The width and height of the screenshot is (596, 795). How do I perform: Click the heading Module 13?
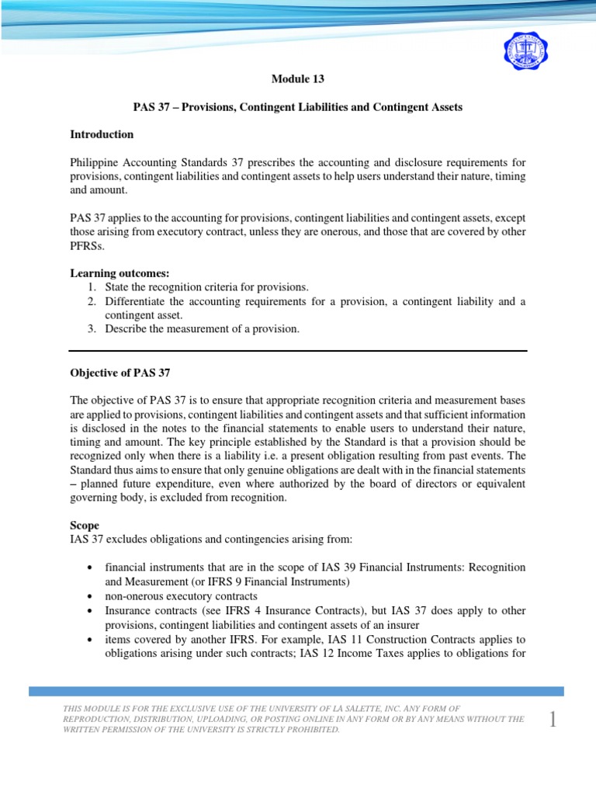pyautogui.click(x=297, y=79)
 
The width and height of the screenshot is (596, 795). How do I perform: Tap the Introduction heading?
pyautogui.click(x=102, y=134)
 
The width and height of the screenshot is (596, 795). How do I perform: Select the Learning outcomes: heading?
pyautogui.click(x=113, y=273)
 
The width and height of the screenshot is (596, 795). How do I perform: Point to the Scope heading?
pyautogui.click(x=85, y=526)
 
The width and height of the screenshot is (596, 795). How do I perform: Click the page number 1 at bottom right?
pyautogui.click(x=553, y=720)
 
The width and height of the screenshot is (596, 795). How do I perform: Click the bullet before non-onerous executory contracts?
pyautogui.click(x=93, y=596)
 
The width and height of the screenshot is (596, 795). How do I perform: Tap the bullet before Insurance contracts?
pyautogui.click(x=93, y=610)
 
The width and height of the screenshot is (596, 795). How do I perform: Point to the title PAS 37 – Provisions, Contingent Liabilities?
pyautogui.click(x=297, y=107)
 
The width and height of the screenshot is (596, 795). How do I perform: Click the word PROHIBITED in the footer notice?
pyautogui.click(x=315, y=729)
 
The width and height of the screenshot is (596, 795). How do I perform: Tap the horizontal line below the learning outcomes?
pyautogui.click(x=298, y=350)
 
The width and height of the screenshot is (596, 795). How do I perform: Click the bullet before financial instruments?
pyautogui.click(x=93, y=568)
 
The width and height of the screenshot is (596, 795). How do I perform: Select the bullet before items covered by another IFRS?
pyautogui.click(x=93, y=639)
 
